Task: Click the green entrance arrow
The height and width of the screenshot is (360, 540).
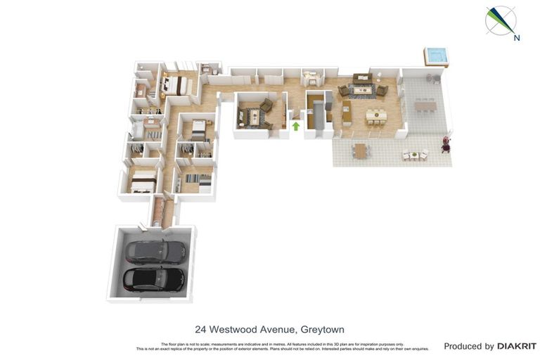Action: tap(296, 127)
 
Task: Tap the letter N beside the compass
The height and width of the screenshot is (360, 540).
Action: tap(517, 38)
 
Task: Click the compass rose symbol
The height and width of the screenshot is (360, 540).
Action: tap(501, 20)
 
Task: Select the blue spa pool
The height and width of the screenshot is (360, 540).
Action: tap(435, 56)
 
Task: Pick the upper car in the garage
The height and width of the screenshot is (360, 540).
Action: tap(155, 251)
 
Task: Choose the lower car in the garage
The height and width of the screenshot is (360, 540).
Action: tap(155, 278)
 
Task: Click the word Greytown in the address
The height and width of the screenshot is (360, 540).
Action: tap(322, 329)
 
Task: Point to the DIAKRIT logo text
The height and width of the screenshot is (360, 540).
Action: tap(517, 346)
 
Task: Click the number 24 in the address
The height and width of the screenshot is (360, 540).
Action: tap(201, 329)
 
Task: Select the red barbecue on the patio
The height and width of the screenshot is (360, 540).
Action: tap(445, 144)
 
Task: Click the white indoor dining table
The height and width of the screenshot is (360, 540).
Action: tap(375, 114)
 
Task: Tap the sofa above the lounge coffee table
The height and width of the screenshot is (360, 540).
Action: tap(362, 79)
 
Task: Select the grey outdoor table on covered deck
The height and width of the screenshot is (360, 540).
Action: tap(425, 105)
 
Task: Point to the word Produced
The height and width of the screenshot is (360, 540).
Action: tap(468, 346)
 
